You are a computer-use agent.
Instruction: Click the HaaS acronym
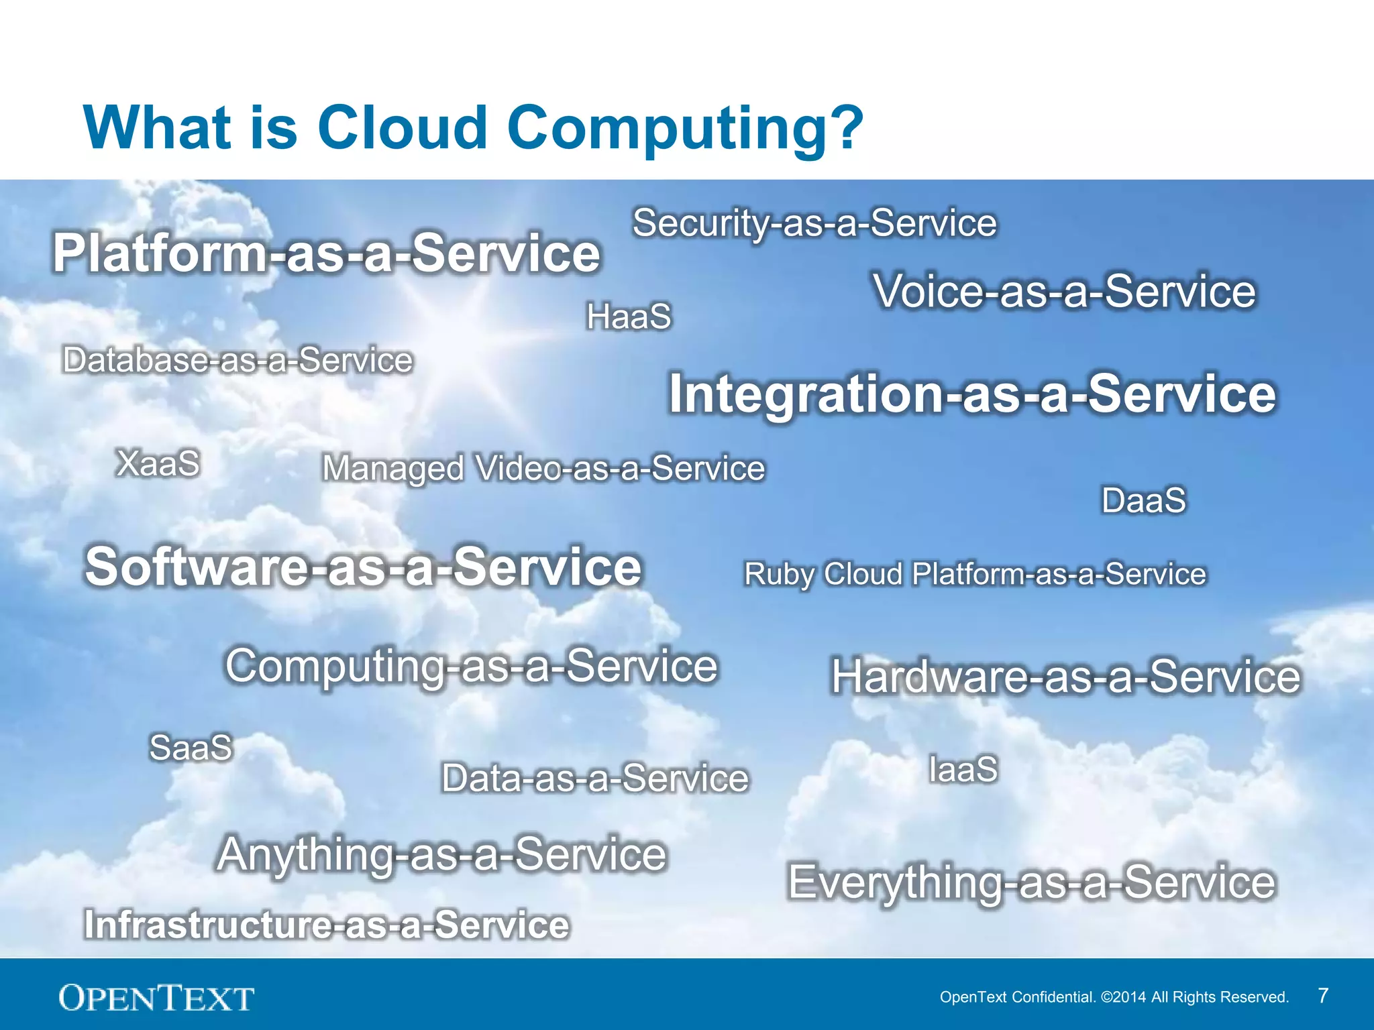pos(629,317)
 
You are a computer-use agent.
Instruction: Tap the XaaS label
pos(158,463)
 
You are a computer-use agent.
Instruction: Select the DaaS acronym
pos(1144,500)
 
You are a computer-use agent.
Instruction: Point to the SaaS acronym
pos(191,748)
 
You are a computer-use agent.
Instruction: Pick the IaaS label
pos(963,769)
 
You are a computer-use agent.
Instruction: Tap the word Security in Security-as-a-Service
pos(700,224)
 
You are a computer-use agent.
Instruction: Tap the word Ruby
pos(779,575)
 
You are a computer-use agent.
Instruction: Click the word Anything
pos(306,855)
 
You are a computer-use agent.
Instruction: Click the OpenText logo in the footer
pos(156,998)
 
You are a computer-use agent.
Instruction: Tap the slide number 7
pos(1322,996)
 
